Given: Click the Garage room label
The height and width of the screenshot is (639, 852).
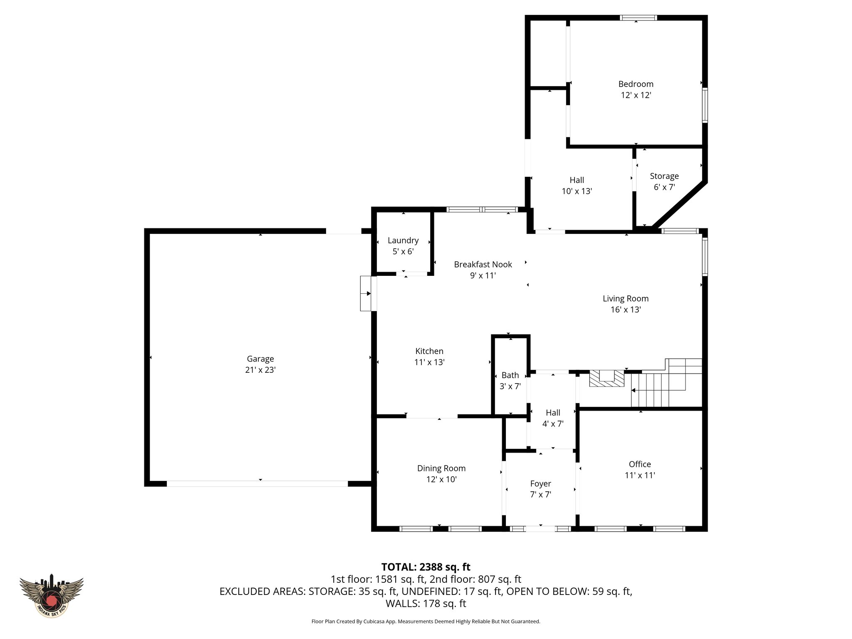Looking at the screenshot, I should [260, 359].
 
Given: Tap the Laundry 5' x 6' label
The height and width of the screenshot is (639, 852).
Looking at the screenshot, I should [403, 246].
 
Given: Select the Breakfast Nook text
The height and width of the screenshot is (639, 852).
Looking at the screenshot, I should [483, 265].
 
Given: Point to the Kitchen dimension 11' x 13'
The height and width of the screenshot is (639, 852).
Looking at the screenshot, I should [429, 362].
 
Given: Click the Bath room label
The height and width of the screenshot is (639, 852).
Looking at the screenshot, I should [510, 375].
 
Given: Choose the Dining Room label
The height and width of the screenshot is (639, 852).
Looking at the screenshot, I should [441, 468].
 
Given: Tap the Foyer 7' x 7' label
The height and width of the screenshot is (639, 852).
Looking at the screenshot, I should [540, 489].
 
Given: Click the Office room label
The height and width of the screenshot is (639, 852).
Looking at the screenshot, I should [640, 464].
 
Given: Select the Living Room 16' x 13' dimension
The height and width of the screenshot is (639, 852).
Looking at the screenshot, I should [626, 310].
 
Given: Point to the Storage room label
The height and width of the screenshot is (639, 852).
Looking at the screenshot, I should [664, 176].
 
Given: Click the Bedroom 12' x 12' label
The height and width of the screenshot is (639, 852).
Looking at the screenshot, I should [636, 89].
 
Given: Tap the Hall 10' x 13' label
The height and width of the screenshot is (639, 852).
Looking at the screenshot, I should [577, 186].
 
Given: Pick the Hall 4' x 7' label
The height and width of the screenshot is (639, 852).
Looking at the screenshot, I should [553, 418].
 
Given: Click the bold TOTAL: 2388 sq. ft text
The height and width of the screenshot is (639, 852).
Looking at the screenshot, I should [426, 567].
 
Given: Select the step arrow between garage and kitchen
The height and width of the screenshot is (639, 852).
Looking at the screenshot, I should [366, 294].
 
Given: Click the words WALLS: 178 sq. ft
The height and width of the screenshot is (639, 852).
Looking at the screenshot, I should [426, 604].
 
